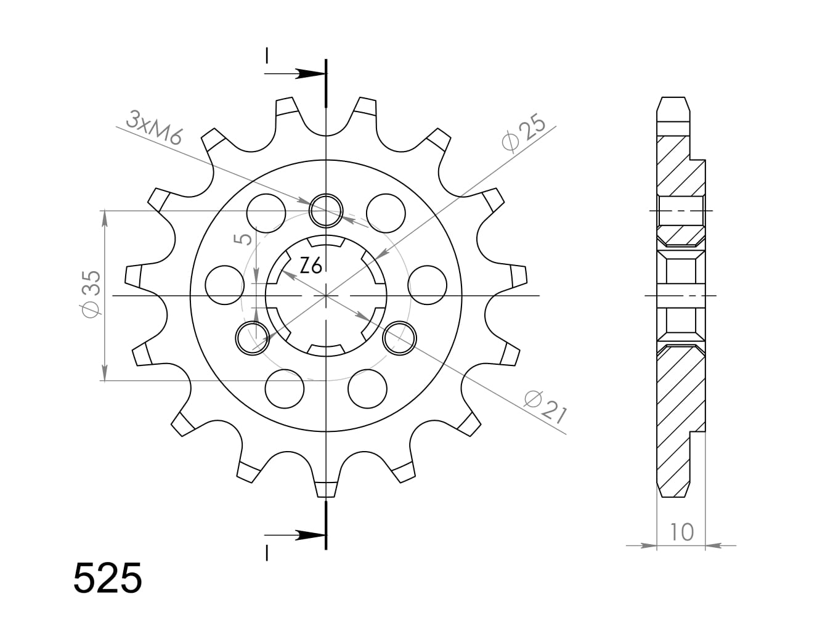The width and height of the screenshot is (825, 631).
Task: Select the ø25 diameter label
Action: click(524, 133)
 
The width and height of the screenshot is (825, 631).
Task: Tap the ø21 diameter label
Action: click(545, 407)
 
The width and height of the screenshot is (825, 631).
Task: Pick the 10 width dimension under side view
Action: click(681, 531)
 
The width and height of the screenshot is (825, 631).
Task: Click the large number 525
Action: click(108, 578)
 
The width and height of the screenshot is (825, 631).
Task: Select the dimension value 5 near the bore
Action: click(245, 238)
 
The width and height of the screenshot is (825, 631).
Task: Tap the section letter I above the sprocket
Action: click(267, 55)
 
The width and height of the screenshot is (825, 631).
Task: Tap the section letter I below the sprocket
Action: click(267, 553)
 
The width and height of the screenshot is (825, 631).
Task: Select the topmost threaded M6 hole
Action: click(326, 211)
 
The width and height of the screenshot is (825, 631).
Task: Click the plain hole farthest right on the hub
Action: click(427, 286)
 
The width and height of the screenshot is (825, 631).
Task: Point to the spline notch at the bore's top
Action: click(325, 242)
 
